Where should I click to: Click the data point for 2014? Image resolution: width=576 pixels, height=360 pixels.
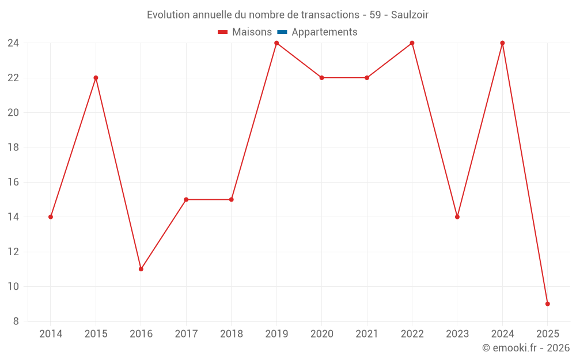pos(51,217)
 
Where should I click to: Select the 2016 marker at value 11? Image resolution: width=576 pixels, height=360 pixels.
pos(141,269)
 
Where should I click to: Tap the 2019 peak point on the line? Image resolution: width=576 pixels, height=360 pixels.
pos(276,43)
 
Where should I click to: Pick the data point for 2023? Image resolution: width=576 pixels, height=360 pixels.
pos(457,217)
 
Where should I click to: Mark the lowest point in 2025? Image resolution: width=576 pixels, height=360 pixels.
pos(548,304)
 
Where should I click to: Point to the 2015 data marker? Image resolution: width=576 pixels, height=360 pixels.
pos(96,78)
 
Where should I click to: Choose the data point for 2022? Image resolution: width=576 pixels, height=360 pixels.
pos(412,43)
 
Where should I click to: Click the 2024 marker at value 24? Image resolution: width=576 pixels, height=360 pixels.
pos(502,43)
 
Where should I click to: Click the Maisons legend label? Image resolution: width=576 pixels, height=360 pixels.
pos(252,32)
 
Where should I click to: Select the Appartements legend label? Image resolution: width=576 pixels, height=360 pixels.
pos(324,32)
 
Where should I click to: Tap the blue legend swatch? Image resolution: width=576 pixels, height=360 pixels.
pos(282,32)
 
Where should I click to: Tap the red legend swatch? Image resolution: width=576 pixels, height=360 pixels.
pos(223,32)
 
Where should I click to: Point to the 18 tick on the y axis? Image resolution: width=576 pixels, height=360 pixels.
pos(13,147)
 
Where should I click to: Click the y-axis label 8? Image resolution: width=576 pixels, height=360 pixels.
pos(16,321)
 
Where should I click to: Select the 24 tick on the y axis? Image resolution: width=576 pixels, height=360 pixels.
pos(13,43)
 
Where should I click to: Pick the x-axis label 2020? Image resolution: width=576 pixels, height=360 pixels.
pos(321,334)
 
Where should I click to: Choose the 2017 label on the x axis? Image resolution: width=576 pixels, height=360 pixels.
pos(186,334)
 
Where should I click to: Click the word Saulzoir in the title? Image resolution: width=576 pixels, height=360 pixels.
pos(410,15)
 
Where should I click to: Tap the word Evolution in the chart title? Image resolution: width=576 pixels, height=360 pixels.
pos(168,15)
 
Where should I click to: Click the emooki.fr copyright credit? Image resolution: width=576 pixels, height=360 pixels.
pos(526,348)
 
